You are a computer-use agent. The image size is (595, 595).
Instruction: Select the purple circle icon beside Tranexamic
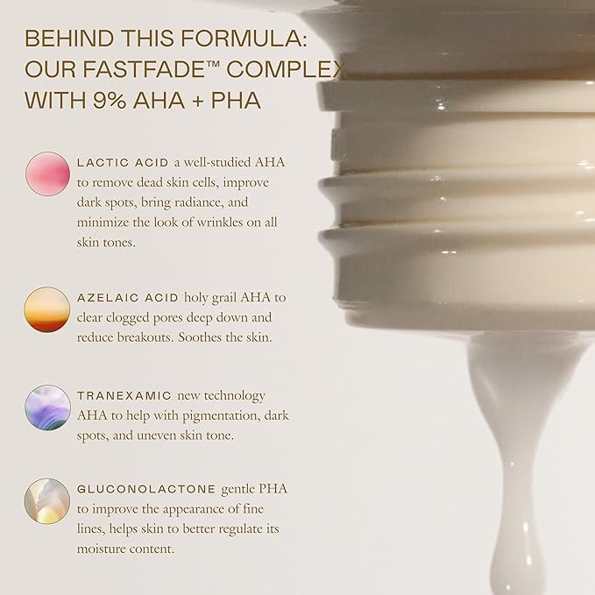click(x=47, y=407)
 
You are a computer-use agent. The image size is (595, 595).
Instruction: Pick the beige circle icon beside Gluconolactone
click(x=47, y=500)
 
